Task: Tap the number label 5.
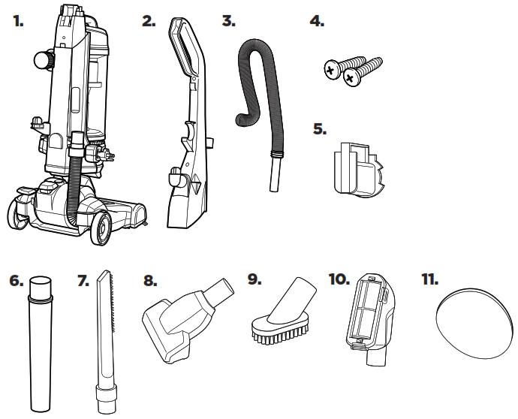tap(320, 128)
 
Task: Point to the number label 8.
tap(150, 279)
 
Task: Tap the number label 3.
tap(228, 22)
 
